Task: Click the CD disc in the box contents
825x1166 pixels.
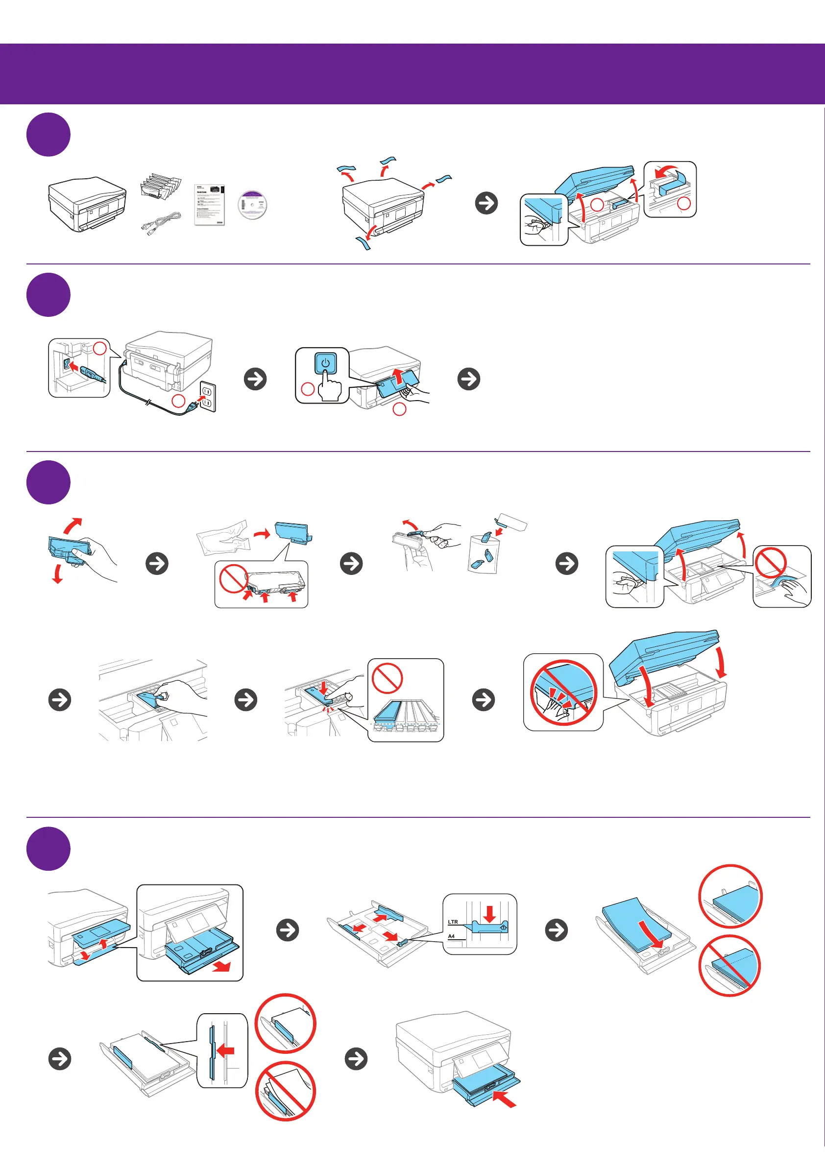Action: (252, 205)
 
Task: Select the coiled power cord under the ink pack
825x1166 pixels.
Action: (161, 224)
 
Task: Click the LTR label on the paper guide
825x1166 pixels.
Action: (453, 921)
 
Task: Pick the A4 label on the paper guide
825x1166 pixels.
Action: (451, 936)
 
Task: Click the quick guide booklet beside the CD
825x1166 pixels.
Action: (210, 204)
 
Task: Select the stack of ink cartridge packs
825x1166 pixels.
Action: (160, 188)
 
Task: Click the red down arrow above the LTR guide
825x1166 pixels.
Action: (489, 914)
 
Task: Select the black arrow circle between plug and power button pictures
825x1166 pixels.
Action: (255, 379)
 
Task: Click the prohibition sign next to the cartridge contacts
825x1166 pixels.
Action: (233, 579)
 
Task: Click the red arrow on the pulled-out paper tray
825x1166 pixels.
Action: (221, 966)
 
